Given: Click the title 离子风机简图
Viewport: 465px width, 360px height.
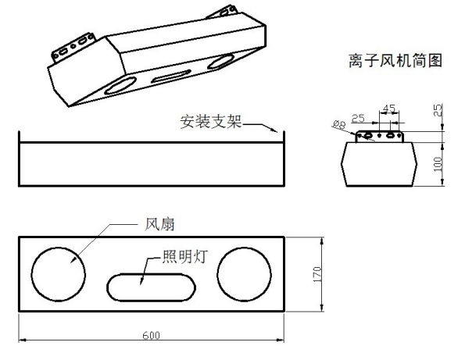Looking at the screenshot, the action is click(x=395, y=61).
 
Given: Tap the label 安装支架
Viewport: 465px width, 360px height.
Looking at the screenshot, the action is click(x=211, y=122).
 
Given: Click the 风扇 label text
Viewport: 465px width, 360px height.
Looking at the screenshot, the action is click(x=159, y=224).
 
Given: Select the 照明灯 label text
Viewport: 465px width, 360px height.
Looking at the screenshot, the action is click(x=185, y=257).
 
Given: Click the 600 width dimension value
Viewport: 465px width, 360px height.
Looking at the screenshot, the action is click(x=152, y=336).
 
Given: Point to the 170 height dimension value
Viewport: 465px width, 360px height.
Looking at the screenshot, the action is click(x=317, y=274).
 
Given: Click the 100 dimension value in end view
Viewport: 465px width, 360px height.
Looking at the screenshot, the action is click(x=438, y=164).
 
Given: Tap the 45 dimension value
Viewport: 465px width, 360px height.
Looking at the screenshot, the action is click(x=389, y=109).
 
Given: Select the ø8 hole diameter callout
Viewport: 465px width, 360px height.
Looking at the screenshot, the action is click(x=339, y=124).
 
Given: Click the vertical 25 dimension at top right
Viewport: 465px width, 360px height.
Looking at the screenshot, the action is click(x=438, y=110).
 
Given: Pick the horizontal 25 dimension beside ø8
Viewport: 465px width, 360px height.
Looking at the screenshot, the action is click(x=358, y=118).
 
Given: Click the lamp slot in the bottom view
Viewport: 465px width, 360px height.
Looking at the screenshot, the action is click(x=151, y=274).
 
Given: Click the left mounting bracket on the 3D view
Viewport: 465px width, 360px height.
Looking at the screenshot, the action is click(x=73, y=47).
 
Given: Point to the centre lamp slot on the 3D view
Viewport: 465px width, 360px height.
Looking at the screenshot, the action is click(x=171, y=77).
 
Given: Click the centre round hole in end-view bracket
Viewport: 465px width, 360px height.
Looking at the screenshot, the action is click(x=379, y=135).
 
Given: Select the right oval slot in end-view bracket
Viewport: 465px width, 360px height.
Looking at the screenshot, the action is click(x=390, y=135).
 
